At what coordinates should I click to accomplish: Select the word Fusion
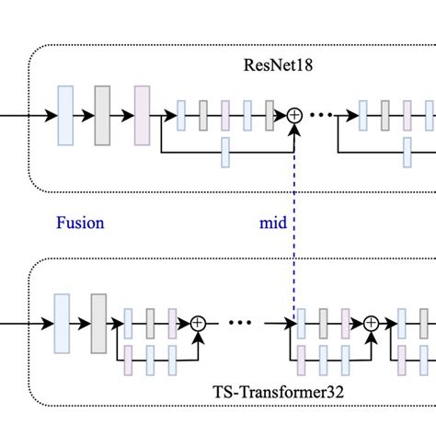(80, 222)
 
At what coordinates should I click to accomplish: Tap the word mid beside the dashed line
(272, 222)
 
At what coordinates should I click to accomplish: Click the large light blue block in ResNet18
(65, 116)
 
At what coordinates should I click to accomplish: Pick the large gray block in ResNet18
(102, 116)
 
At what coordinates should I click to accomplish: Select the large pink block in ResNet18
(141, 116)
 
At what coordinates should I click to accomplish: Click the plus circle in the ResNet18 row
(294, 116)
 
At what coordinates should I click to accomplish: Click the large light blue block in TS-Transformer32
(63, 323)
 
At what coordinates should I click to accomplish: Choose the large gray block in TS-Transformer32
(98, 323)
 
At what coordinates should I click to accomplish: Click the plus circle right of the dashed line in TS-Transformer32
(371, 323)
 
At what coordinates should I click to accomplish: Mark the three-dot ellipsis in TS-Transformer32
(238, 323)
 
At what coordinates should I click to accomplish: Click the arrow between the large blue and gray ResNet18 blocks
(84, 116)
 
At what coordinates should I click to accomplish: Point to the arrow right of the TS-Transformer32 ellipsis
(280, 323)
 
